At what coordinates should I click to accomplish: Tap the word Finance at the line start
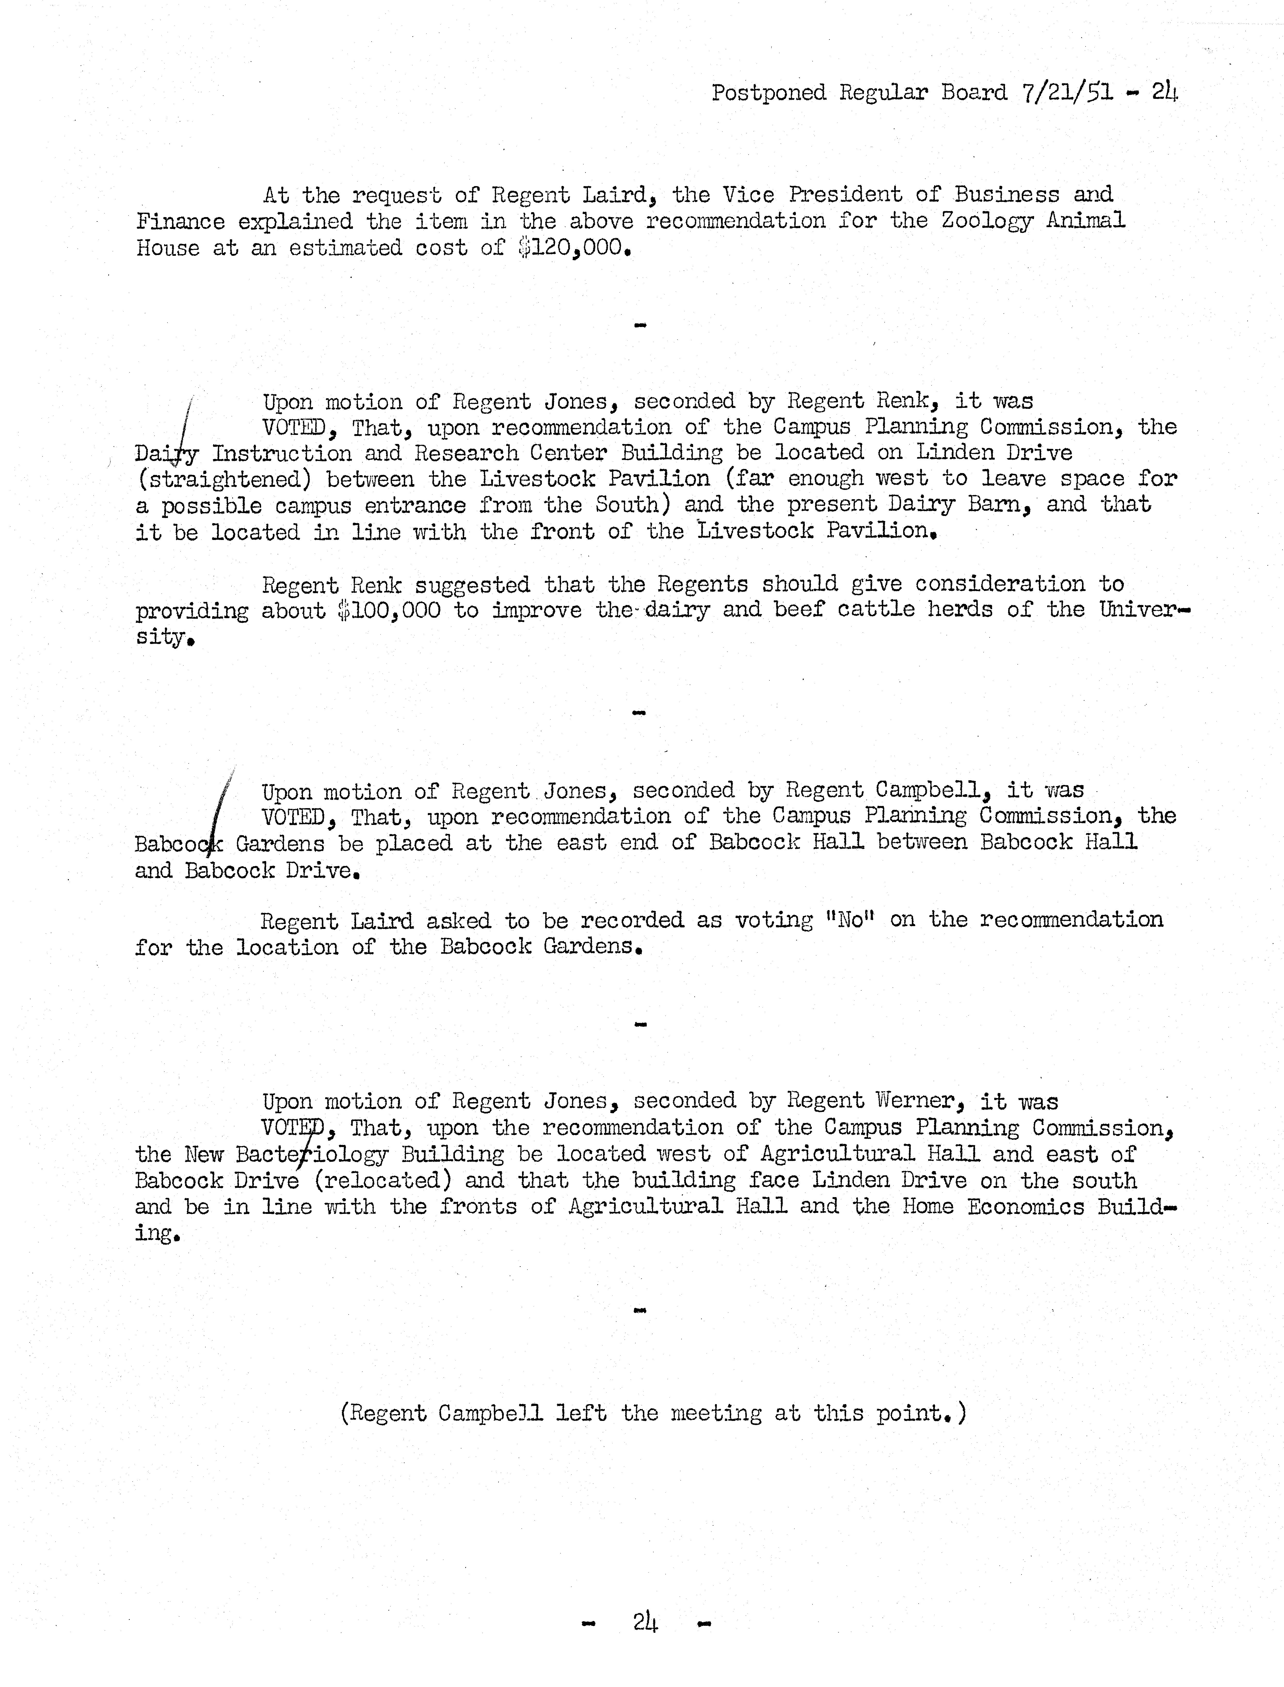[x=180, y=222]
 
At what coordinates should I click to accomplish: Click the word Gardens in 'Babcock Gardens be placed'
[x=280, y=844]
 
